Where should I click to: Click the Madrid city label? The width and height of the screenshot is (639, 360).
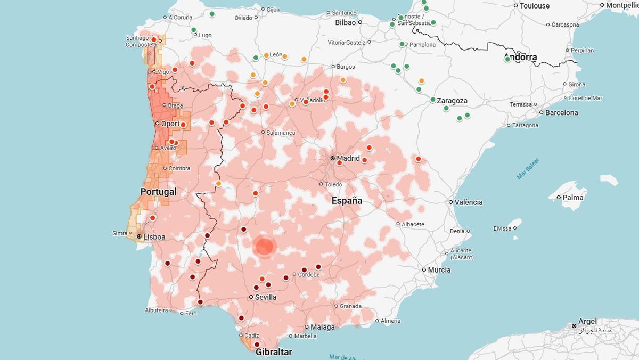348,158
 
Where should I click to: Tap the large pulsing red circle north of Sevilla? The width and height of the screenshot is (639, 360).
264,247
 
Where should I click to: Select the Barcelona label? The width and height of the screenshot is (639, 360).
561,112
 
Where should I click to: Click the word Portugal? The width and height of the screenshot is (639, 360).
158,191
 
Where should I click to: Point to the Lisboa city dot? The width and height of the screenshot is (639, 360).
139,236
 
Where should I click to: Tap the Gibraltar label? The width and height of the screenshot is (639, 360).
274,352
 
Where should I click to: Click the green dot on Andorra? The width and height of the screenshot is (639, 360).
507,59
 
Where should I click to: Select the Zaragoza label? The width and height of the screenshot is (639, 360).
452,101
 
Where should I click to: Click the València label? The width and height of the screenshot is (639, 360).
469,202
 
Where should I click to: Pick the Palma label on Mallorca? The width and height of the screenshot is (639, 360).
574,197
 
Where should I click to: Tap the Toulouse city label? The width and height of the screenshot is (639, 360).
535,5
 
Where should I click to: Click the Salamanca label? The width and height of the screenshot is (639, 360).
281,132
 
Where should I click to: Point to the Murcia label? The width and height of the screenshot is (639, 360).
439,269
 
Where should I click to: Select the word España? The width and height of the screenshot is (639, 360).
347,201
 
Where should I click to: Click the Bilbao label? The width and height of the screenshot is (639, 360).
345,22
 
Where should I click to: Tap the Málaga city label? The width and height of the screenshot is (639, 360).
323,327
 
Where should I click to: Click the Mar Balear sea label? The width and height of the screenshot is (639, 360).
527,168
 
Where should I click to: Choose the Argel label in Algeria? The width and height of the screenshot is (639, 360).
588,321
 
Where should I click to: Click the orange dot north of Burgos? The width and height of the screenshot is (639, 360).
304,59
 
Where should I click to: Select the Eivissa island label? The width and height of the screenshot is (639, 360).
502,228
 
